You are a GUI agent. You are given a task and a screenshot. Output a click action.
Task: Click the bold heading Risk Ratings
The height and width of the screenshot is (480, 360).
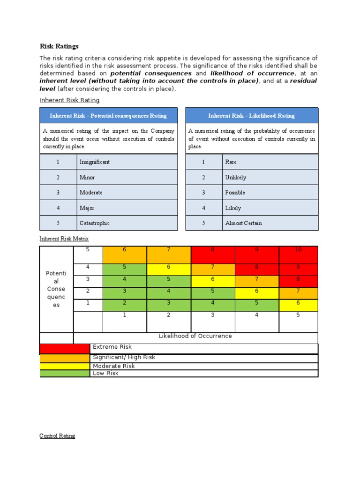click(x=59, y=46)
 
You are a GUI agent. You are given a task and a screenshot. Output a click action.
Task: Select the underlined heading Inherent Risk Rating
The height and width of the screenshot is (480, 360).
click(x=69, y=100)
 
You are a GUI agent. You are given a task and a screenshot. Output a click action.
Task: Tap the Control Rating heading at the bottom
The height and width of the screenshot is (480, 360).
click(x=57, y=436)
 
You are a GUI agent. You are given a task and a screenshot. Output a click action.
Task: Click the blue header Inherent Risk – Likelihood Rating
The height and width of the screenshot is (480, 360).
click(x=252, y=116)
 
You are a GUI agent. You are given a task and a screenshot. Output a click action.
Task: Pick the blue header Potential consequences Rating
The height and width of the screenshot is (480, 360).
click(x=108, y=116)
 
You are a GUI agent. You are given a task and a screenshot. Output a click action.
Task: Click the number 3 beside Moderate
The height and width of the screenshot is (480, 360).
click(x=58, y=193)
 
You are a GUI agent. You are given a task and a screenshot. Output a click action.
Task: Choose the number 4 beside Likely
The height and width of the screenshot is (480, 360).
click(x=203, y=208)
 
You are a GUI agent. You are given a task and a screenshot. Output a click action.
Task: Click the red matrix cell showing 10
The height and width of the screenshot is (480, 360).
click(x=298, y=255)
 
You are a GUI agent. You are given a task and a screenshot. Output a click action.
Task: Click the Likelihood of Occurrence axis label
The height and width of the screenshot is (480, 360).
click(x=195, y=336)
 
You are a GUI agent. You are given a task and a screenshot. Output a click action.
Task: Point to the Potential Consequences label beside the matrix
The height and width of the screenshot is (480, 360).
click(x=56, y=289)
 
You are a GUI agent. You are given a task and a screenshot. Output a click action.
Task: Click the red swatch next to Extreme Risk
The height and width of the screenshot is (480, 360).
click(x=64, y=348)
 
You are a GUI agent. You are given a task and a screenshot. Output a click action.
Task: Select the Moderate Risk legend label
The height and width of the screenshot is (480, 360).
click(x=113, y=366)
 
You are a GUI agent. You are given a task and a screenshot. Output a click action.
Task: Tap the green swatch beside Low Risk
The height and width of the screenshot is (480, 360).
click(x=64, y=373)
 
